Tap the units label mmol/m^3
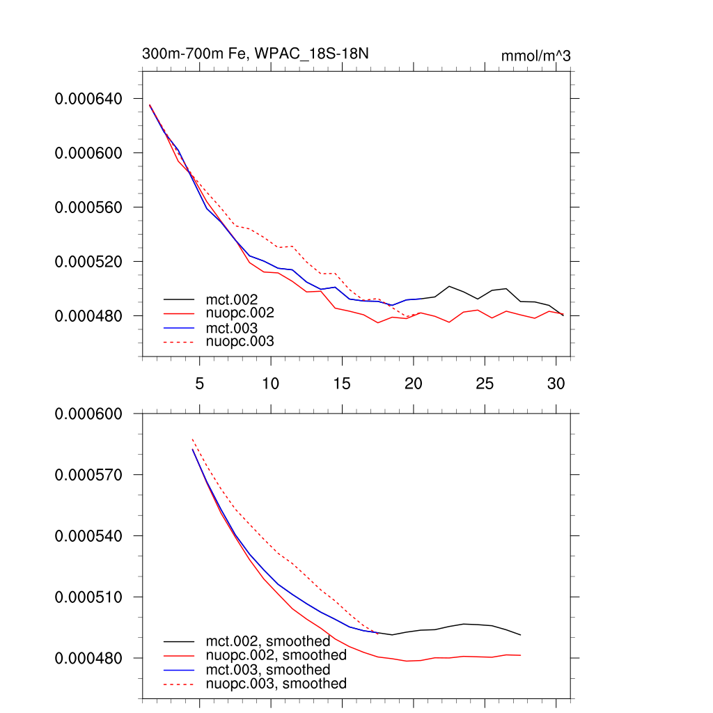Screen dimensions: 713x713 535,56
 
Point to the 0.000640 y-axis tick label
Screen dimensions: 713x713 88,99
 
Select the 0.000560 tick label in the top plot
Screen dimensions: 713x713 88,207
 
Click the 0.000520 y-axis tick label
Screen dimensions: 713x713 88,262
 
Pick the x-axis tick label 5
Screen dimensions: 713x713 200,384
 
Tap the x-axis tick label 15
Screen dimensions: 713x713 342,384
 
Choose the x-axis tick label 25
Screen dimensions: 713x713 485,384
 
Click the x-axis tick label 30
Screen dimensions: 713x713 556,384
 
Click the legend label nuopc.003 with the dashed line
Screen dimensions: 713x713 240,342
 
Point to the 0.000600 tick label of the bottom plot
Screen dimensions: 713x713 88,414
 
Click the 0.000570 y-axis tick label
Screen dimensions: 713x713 88,475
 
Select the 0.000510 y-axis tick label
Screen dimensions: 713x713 88,597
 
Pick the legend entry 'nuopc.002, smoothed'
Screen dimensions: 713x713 276,655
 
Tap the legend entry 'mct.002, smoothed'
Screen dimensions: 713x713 267,641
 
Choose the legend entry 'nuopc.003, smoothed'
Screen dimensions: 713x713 276,684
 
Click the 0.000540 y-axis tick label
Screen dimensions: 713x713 88,536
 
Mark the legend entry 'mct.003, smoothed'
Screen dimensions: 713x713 267,670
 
